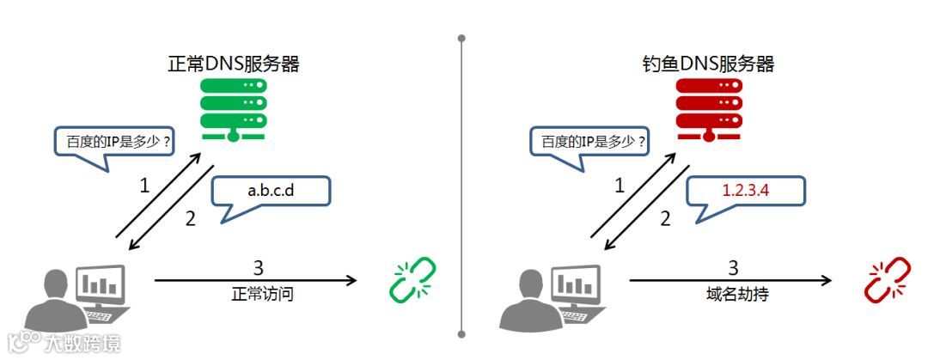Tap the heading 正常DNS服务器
coord(234,64)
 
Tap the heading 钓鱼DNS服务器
coord(708,64)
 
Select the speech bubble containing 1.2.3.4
coord(746,191)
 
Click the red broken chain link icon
coord(887,281)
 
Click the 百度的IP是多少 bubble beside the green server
coord(113,141)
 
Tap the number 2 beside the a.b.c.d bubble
coord(191,218)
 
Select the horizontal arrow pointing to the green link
coord(255,280)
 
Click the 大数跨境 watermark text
coord(83,343)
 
